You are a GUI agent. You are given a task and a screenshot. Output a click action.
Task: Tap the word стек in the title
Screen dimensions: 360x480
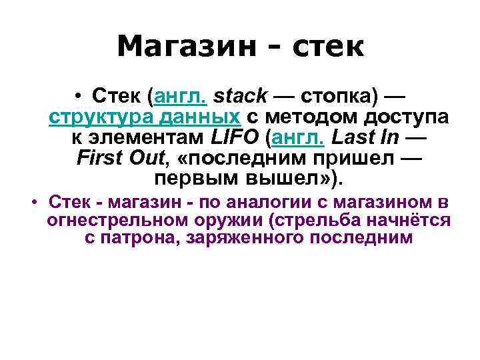point(326,47)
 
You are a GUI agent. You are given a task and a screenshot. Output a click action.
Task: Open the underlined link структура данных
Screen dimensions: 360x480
point(145,118)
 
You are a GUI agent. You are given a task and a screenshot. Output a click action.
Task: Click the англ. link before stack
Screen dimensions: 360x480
point(181,97)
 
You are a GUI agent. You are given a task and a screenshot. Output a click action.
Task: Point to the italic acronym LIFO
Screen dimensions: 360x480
point(231,139)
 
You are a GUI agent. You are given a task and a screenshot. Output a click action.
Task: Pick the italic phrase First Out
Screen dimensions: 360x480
point(119,159)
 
